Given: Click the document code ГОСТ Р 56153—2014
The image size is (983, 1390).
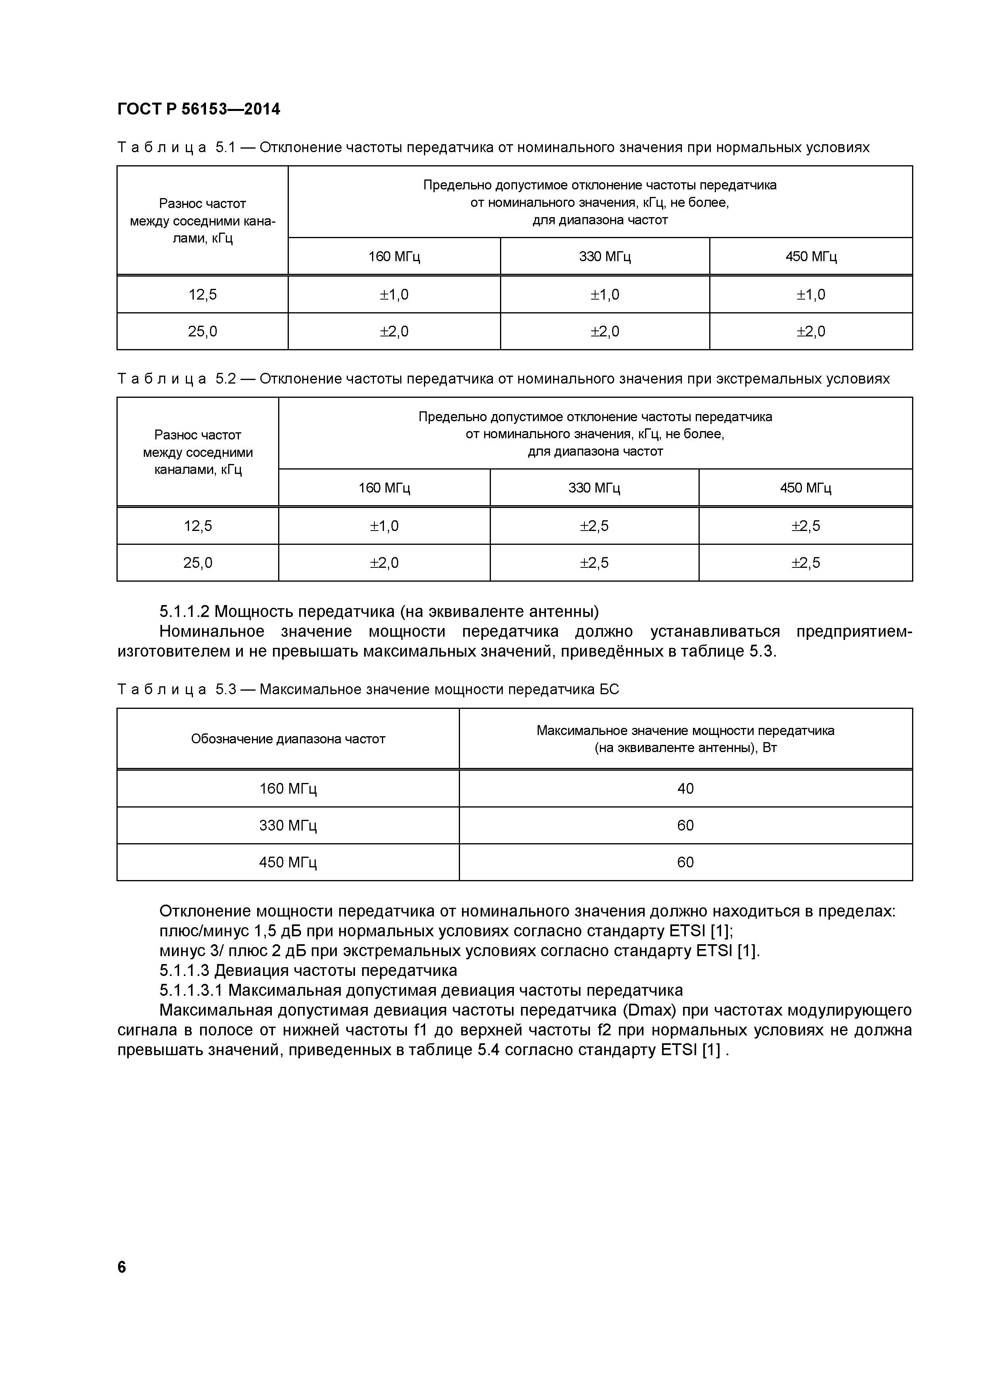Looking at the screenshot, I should click(x=199, y=110).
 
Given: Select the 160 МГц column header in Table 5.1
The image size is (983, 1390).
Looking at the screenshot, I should click(x=394, y=257).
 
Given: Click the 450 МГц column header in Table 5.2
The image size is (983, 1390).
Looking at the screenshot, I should click(x=805, y=488).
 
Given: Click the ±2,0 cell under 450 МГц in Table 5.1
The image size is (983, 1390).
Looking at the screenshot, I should click(x=811, y=332).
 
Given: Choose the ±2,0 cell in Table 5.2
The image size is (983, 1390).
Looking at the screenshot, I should click(x=384, y=563).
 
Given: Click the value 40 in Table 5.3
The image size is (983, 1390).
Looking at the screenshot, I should click(x=685, y=789).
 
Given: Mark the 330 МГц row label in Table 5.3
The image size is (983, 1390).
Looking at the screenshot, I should click(x=288, y=826).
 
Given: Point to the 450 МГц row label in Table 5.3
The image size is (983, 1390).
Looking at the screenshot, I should click(x=288, y=863).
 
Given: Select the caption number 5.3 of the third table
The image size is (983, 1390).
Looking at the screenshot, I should click(x=225, y=689).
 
